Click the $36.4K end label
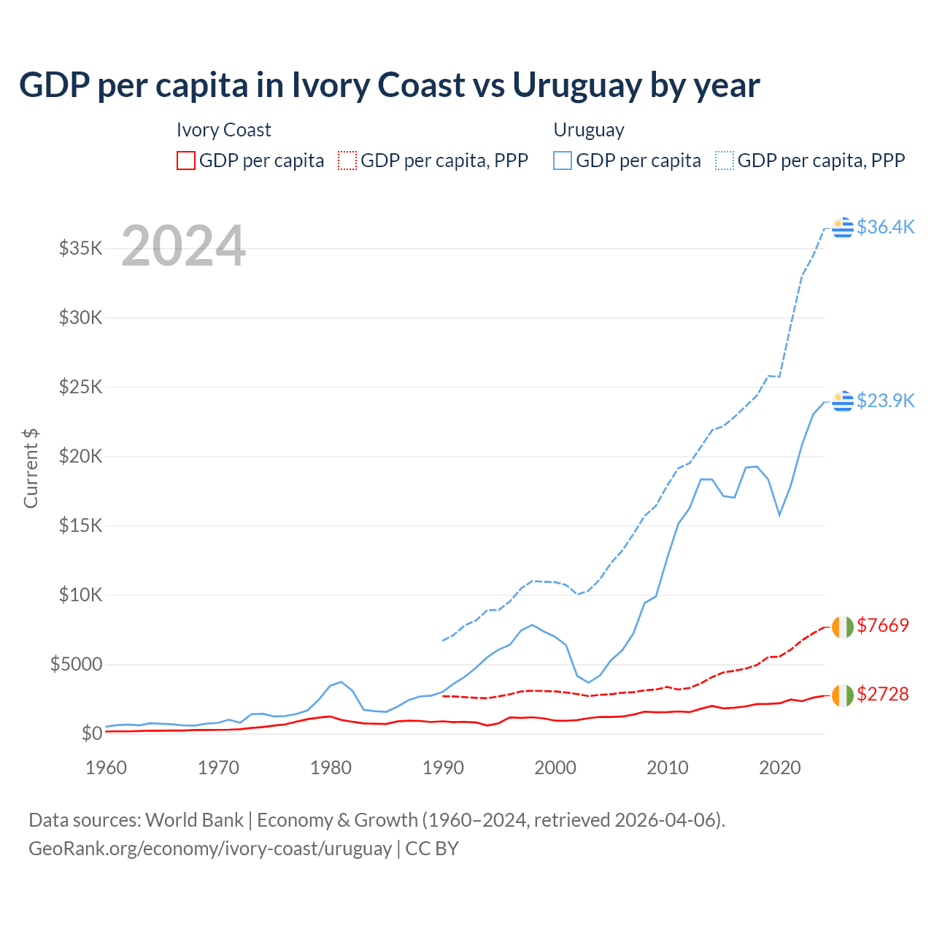point(885,227)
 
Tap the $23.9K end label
point(885,401)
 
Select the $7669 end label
point(883,625)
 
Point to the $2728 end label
point(883,694)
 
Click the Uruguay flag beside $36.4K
point(843,228)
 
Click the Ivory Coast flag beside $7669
point(843,626)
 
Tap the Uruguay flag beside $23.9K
point(843,401)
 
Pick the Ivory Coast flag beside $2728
point(843,695)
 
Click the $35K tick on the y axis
point(80,248)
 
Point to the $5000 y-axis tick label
point(76,664)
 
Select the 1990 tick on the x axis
point(443,768)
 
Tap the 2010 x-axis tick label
point(668,768)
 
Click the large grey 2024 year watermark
point(183,246)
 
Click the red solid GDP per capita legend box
point(186,161)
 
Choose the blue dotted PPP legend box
point(725,161)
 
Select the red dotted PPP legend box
point(348,161)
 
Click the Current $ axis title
point(31,468)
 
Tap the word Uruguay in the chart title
point(576,85)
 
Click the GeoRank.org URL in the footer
point(210,849)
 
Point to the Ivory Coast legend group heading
point(223,130)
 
